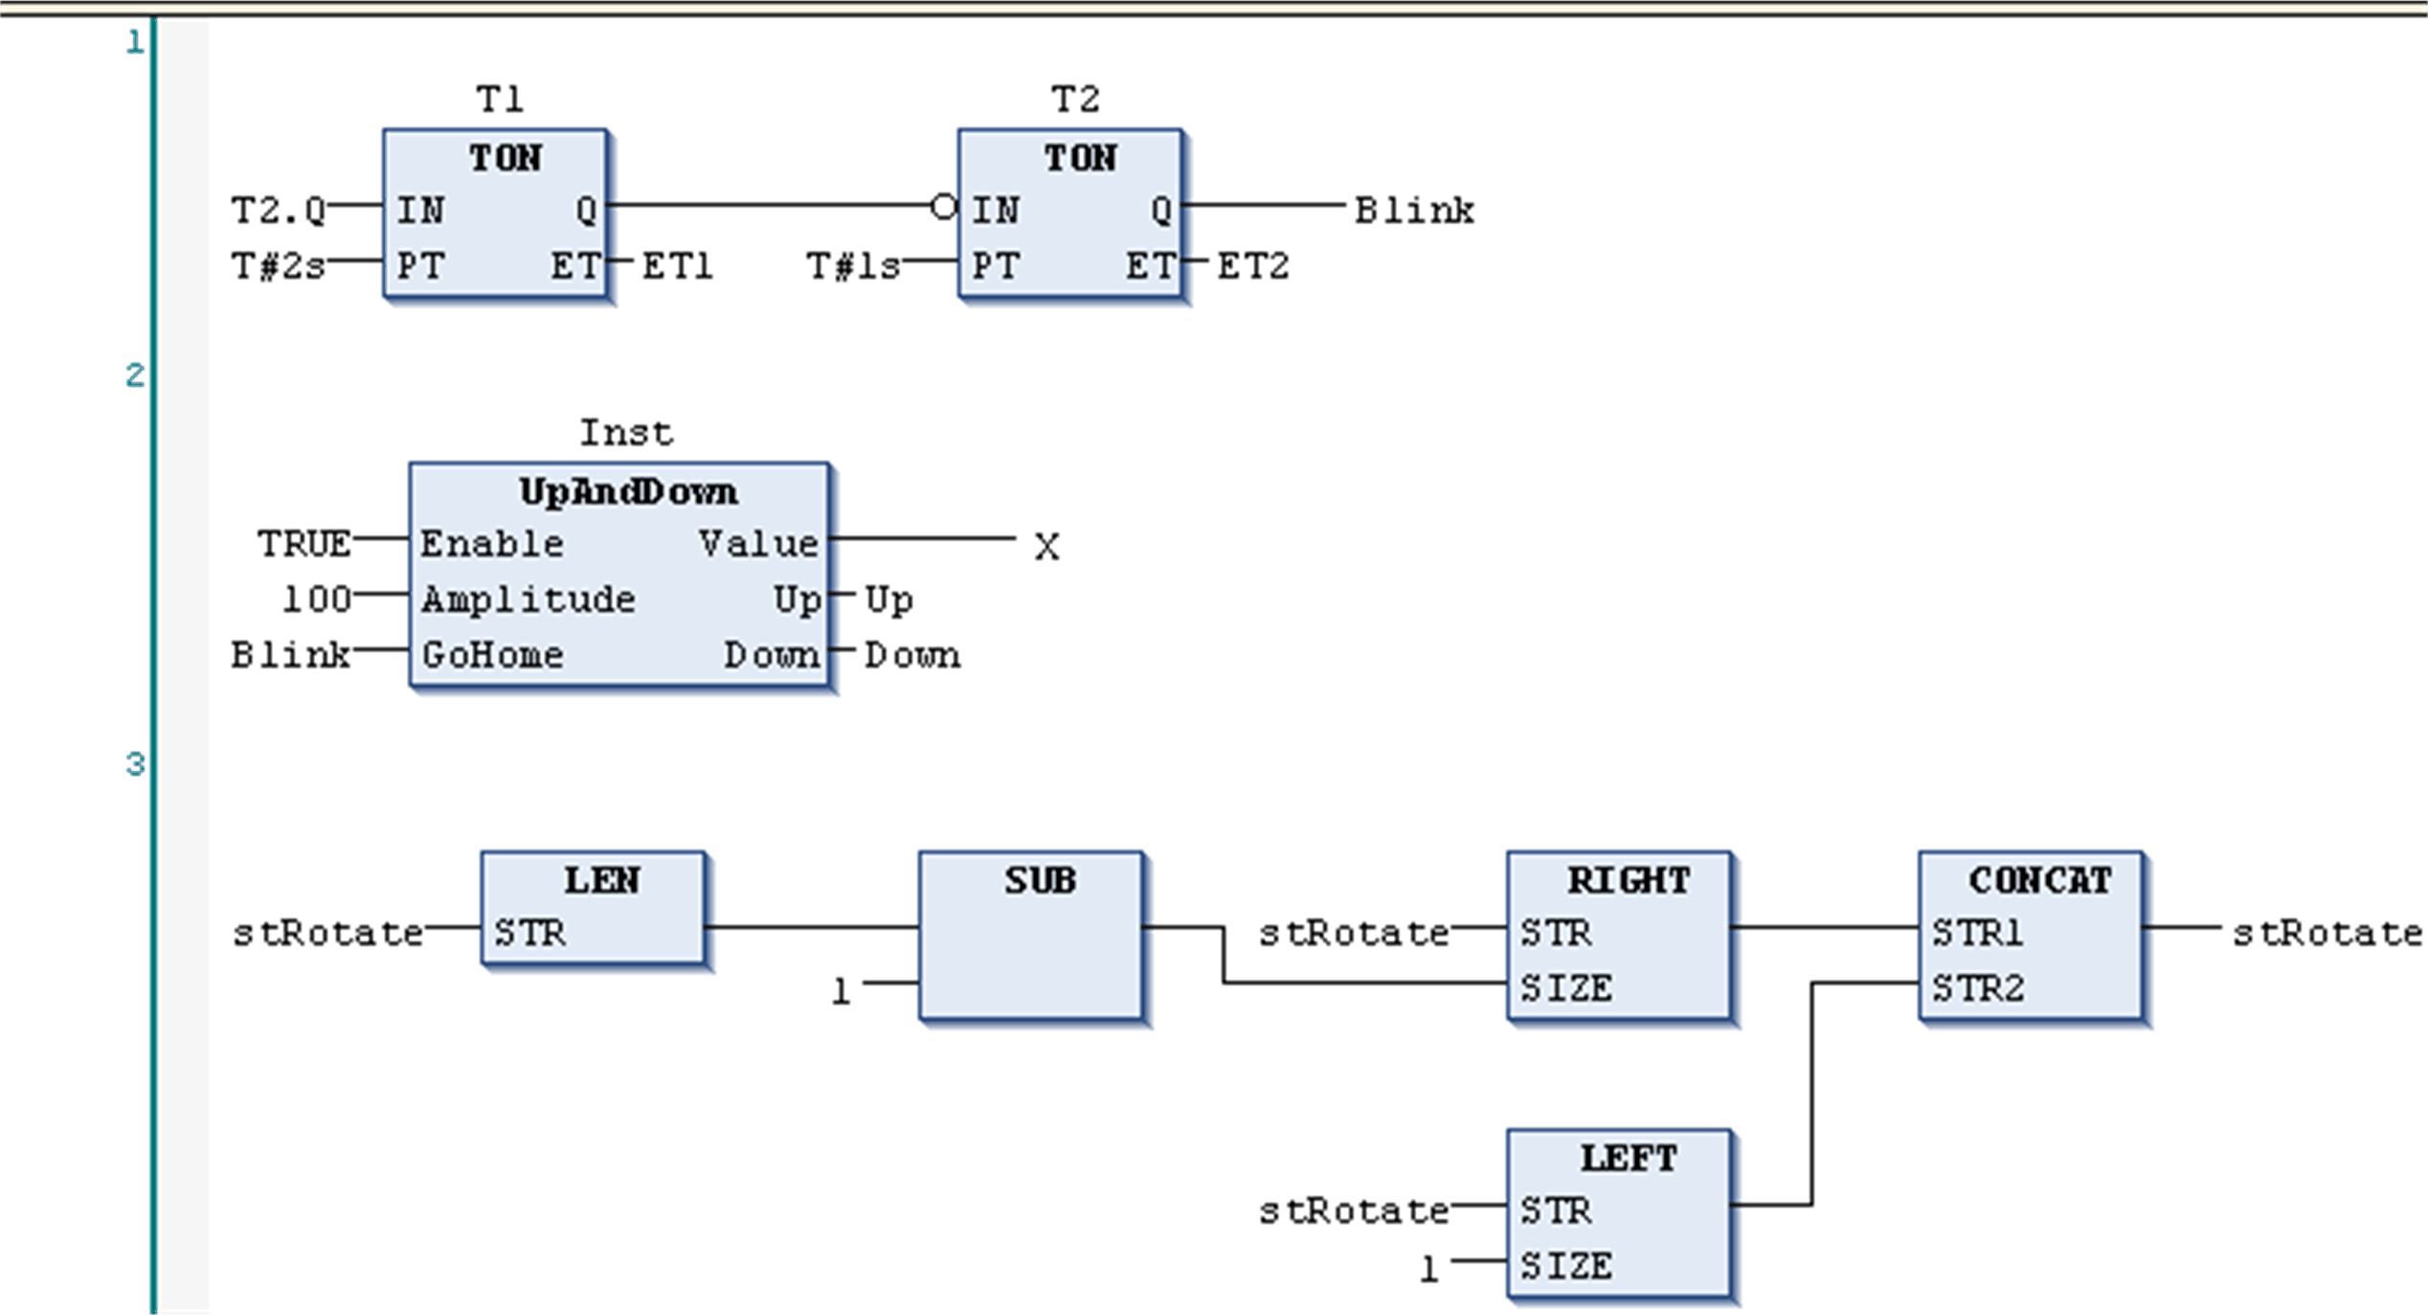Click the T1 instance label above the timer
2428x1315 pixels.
[500, 99]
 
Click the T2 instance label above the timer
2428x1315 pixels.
[1075, 99]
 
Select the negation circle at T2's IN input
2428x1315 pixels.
[943, 206]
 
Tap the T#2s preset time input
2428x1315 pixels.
[279, 265]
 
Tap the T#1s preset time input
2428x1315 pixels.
[853, 265]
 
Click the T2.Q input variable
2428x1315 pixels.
[279, 210]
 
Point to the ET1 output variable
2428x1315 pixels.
[677, 265]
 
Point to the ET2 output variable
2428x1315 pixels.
[1252, 265]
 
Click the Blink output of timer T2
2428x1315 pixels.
[1414, 210]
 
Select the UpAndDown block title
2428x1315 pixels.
[628, 491]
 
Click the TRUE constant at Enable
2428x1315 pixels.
[304, 544]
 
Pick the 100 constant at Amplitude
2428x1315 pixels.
[317, 600]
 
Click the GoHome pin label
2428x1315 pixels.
[493, 655]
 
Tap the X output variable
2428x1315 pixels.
[1046, 547]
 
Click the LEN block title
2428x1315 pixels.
[601, 880]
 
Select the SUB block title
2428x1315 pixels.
[1040, 880]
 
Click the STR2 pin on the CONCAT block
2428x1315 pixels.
[1978, 988]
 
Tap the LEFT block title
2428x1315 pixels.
[1628, 1158]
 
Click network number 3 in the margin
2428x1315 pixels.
[135, 764]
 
